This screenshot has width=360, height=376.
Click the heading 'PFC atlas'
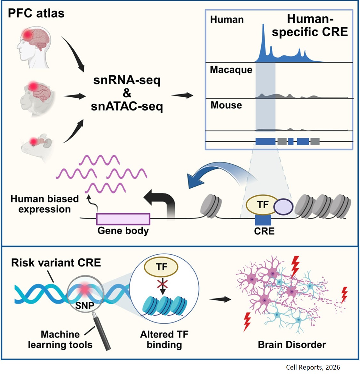coord(36,13)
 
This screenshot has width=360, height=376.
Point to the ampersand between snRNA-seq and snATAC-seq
coord(127,93)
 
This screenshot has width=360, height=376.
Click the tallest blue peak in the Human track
coord(263,42)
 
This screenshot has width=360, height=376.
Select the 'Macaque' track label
coord(231,70)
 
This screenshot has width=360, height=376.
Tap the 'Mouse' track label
coord(226,105)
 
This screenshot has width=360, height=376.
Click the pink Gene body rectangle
coord(123,219)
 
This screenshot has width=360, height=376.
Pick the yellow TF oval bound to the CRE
coord(262,205)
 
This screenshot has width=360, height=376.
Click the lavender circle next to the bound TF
coord(284,206)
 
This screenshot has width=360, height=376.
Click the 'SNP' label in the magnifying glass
coord(84,305)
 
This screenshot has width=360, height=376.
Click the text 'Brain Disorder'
coord(292,345)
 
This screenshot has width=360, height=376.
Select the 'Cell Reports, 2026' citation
coord(313,367)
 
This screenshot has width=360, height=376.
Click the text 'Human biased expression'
coord(44,204)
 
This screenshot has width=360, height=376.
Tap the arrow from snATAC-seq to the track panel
coord(182,95)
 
